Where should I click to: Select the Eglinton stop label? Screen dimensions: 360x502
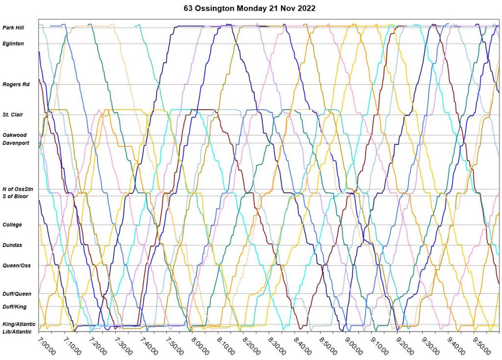(x=13, y=44)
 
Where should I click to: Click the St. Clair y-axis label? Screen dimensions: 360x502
(x=13, y=115)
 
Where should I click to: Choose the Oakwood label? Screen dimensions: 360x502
(x=14, y=135)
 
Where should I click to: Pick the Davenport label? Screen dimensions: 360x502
(x=16, y=143)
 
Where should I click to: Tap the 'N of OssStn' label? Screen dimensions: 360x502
(x=18, y=189)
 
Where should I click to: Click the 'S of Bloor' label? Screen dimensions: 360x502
(x=15, y=196)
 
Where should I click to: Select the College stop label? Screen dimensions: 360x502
(x=12, y=225)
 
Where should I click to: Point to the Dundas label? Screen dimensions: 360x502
(x=12, y=245)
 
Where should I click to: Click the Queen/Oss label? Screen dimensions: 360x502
(x=17, y=265)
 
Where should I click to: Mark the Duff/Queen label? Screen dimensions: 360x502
(x=17, y=294)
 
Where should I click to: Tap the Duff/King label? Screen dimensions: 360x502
(x=15, y=307)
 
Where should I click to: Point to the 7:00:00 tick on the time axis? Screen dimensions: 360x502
(x=48, y=345)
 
